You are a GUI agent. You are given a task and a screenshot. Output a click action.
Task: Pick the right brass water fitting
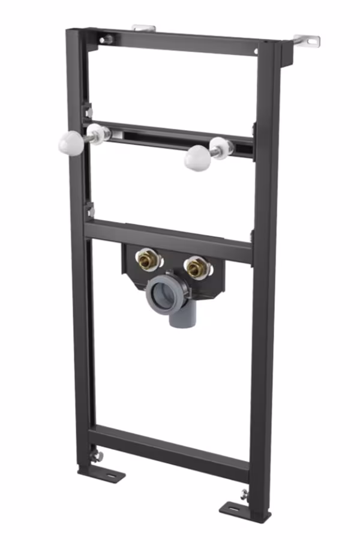[196, 268]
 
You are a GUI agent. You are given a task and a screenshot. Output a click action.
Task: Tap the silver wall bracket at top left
[143, 28]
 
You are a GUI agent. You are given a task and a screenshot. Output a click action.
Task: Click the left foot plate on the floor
[110, 474]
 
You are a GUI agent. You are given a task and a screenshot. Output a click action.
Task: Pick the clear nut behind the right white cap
[220, 147]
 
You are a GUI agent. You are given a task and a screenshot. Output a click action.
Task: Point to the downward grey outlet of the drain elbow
[178, 319]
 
